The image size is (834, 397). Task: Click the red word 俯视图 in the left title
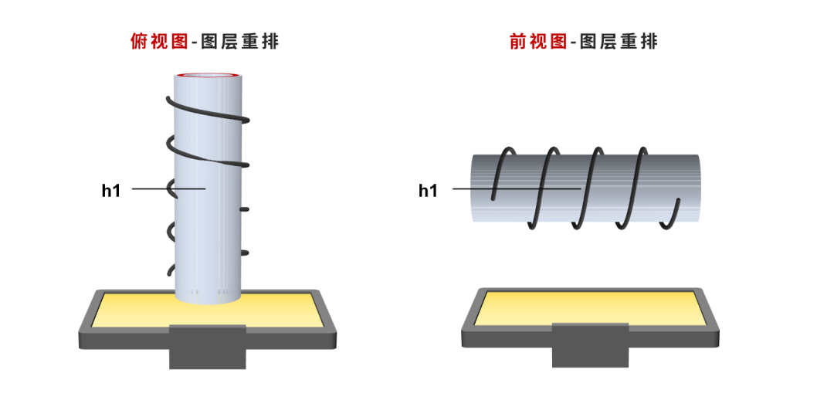click(160, 42)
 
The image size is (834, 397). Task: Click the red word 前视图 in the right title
click(538, 42)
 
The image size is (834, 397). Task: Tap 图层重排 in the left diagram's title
click(239, 42)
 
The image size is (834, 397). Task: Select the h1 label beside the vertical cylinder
click(111, 190)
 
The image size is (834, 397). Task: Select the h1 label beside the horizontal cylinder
click(428, 190)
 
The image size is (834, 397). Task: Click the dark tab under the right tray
click(590, 346)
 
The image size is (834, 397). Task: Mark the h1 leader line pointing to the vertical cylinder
click(151, 188)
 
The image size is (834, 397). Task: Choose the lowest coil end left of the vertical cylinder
click(171, 270)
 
